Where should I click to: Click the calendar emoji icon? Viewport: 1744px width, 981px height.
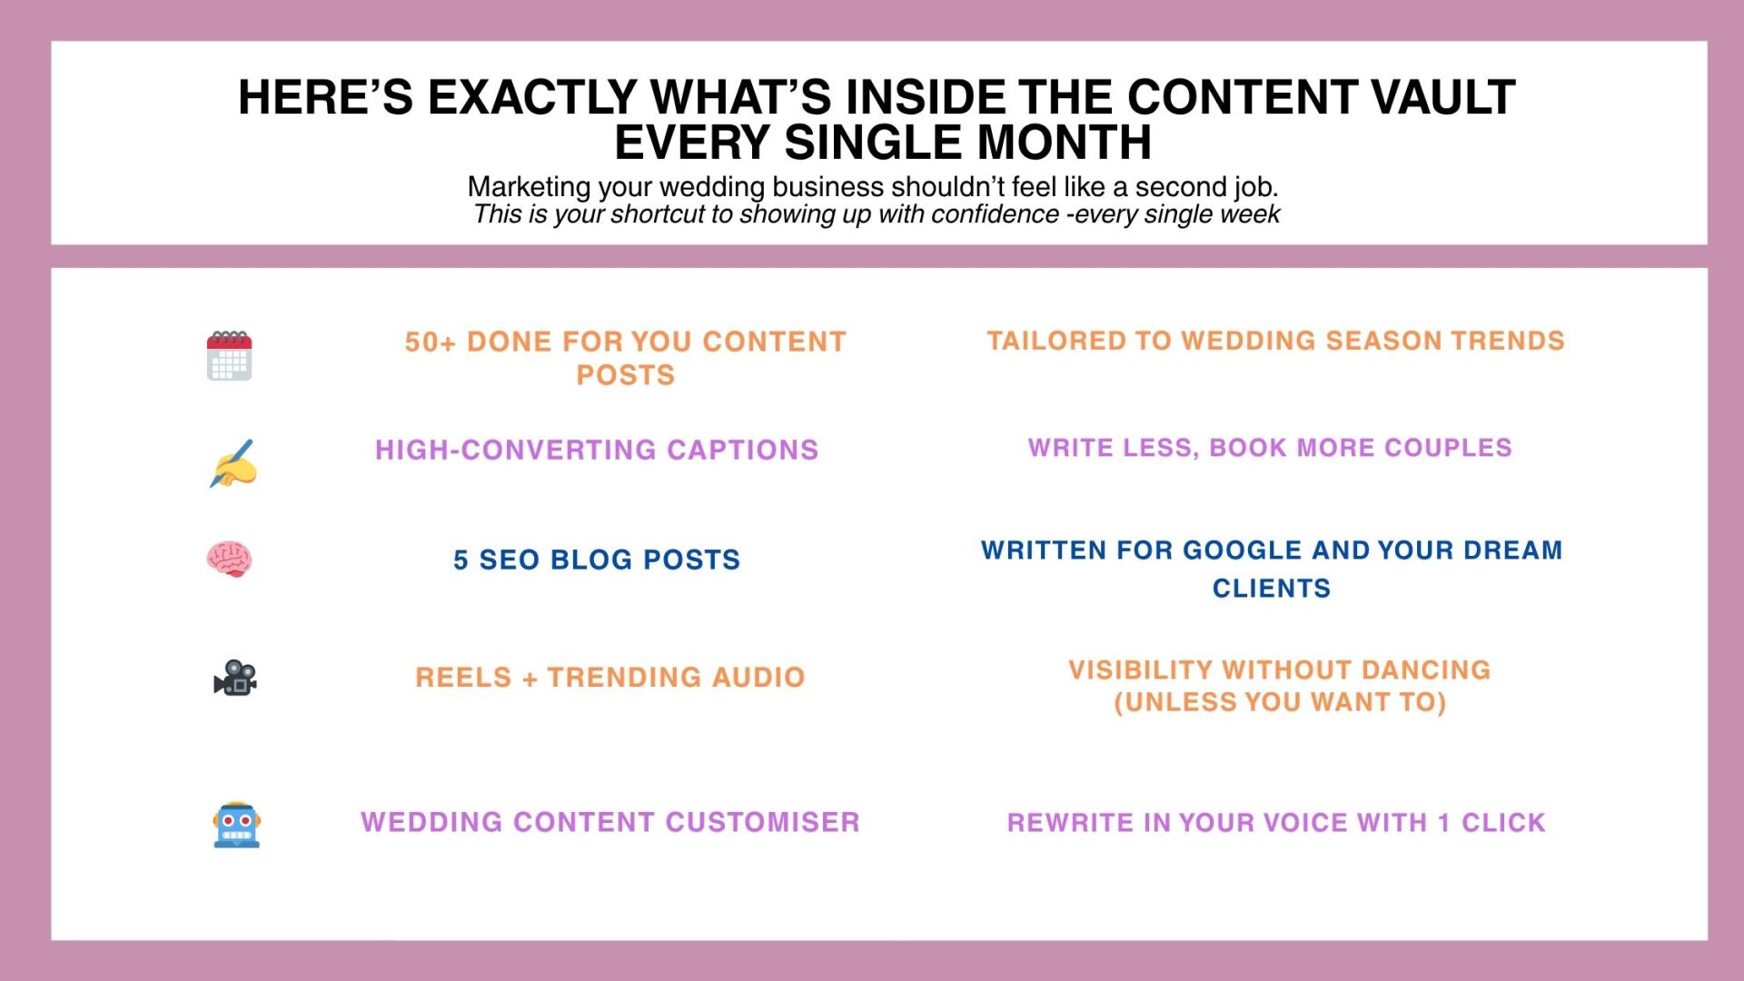pos(229,355)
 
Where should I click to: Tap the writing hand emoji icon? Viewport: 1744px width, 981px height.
pos(233,463)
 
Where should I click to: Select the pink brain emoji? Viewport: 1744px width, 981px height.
pos(228,559)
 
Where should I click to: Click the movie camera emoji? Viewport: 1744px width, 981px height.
pos(235,678)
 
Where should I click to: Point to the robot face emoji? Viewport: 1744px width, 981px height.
pos(236,825)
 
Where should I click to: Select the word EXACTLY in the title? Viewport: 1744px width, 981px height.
pos(531,97)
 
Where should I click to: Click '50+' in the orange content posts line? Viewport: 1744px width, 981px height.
pos(430,342)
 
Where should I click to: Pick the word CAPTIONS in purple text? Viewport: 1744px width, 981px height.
pos(742,450)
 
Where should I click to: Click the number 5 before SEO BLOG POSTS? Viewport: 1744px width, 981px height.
pos(461,560)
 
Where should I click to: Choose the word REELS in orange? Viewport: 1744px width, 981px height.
pos(463,677)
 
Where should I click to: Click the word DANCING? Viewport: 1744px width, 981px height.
pos(1426,669)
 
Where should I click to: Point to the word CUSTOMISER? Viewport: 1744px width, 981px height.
pos(762,822)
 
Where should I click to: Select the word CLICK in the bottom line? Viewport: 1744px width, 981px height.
pos(1503,823)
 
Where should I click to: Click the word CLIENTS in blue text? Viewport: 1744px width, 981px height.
pos(1272,589)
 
